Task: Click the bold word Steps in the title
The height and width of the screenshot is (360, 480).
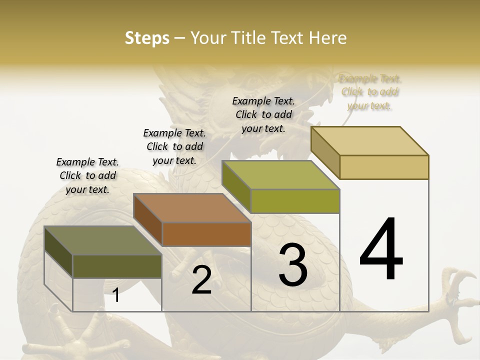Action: [147, 38]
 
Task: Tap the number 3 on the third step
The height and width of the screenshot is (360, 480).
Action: [293, 265]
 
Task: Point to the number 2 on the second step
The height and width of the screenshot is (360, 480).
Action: [201, 280]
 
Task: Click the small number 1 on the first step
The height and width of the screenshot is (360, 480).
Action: [116, 295]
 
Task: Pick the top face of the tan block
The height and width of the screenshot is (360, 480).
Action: [370, 141]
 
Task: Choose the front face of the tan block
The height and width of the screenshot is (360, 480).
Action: [384, 167]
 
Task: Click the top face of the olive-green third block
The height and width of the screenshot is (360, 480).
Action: [281, 175]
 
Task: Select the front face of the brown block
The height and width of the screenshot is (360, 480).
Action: [206, 234]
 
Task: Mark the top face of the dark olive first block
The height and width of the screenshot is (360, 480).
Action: [103, 240]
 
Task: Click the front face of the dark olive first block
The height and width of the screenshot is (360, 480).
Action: [117, 266]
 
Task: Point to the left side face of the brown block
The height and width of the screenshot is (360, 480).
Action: [148, 220]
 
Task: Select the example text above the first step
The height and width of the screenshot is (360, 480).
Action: [87, 175]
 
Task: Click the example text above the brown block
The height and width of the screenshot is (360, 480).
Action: [174, 146]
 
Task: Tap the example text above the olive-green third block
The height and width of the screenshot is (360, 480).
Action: [263, 114]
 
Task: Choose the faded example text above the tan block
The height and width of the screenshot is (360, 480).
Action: [370, 92]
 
